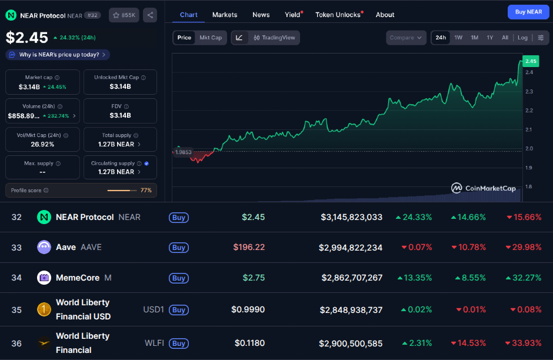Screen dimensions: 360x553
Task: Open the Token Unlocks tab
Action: click(x=338, y=15)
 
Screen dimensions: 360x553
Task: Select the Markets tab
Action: click(x=225, y=15)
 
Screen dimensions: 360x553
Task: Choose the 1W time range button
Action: click(x=458, y=38)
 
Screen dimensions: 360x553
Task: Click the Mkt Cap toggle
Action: click(x=211, y=38)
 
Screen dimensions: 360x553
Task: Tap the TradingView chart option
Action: click(x=275, y=38)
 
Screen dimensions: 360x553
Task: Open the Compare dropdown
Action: click(x=406, y=38)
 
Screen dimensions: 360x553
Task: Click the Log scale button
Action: click(x=522, y=38)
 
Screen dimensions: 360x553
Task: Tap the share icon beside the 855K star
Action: click(x=150, y=15)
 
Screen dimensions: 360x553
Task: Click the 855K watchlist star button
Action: click(x=124, y=15)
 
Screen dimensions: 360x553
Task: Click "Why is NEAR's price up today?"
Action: click(x=58, y=55)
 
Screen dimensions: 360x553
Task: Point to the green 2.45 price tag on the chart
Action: click(x=531, y=61)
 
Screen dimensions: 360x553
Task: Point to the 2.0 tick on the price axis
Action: click(x=529, y=149)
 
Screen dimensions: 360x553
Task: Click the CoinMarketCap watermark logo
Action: click(x=483, y=188)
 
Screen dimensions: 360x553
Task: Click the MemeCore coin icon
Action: click(x=44, y=278)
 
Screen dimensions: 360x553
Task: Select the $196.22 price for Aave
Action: click(x=249, y=247)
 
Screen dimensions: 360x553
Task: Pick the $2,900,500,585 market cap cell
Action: click(x=351, y=343)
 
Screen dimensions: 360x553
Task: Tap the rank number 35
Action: click(x=16, y=309)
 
